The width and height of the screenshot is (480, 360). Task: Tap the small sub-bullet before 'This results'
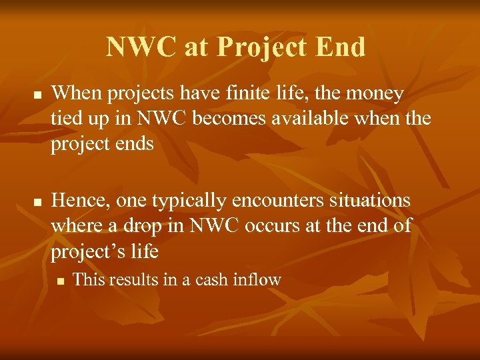point(60,281)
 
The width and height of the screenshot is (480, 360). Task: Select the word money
point(372,94)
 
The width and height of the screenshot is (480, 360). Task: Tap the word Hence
point(79,200)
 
